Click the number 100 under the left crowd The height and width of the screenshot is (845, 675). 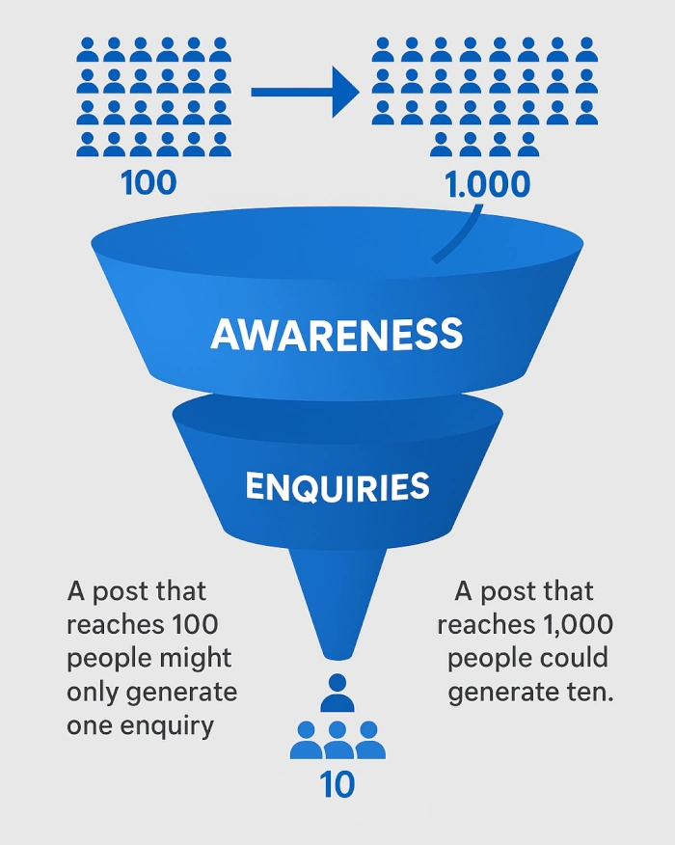[x=149, y=181]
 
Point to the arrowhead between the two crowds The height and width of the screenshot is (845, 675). [x=343, y=93]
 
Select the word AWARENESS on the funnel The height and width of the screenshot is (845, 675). [x=337, y=335]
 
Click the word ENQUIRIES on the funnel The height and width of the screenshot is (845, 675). [x=337, y=487]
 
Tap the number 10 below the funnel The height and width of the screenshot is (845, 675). [x=337, y=785]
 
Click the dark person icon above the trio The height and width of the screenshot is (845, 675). [x=337, y=693]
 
